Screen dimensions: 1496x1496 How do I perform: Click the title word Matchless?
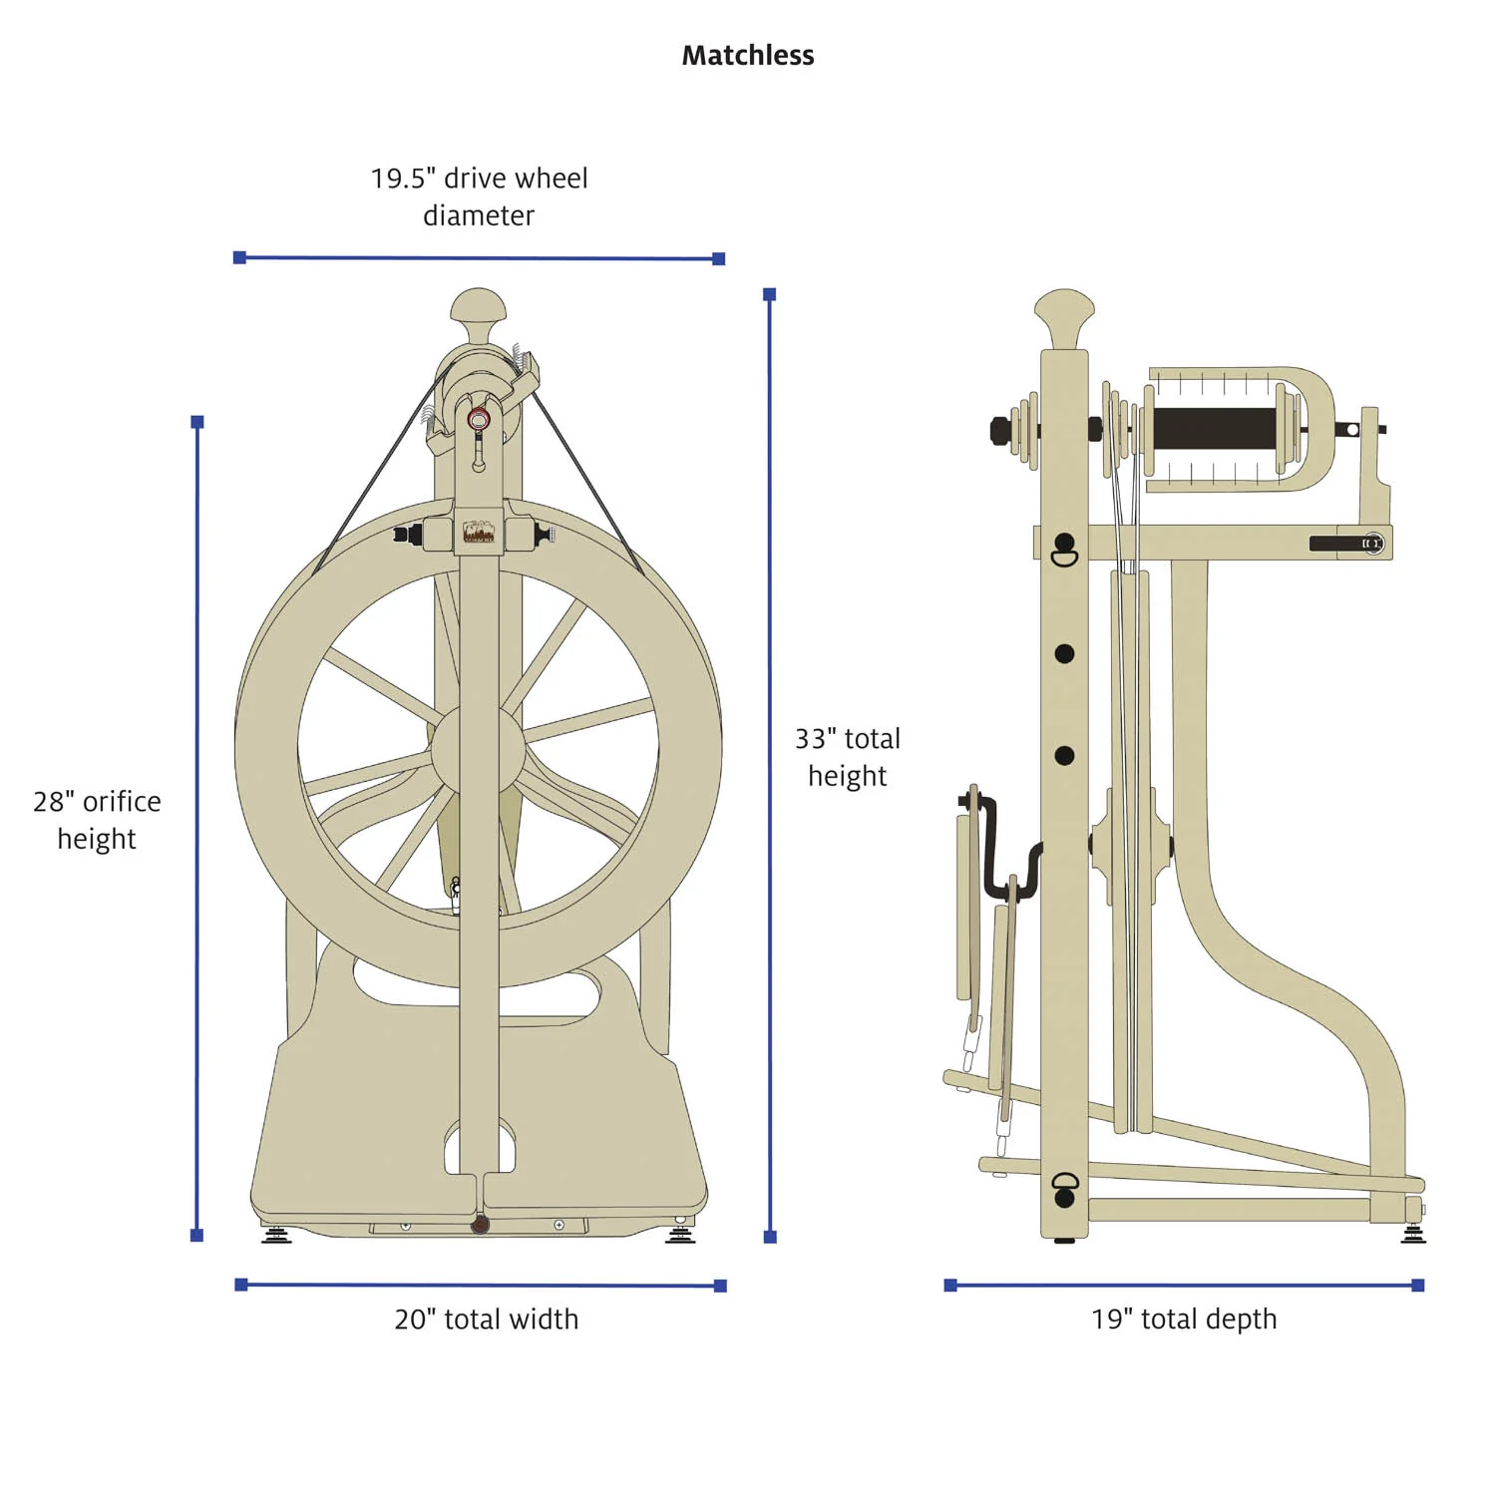click(x=747, y=56)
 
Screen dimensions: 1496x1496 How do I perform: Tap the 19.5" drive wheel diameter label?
click(x=479, y=196)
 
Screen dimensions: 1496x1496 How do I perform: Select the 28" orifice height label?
click(x=97, y=819)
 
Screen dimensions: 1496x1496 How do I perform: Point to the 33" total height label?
click(x=847, y=757)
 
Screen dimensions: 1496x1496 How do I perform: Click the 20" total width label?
click(x=486, y=1318)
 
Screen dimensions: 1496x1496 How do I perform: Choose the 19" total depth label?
click(x=1183, y=1318)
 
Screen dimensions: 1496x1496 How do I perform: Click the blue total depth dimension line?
click(x=1183, y=1285)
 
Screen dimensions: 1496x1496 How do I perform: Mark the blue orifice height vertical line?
click(x=197, y=828)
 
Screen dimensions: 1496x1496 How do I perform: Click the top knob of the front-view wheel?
click(x=479, y=307)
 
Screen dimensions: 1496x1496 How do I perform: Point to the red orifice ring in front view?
click(x=479, y=419)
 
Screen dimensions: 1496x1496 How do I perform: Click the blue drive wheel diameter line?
click(x=479, y=258)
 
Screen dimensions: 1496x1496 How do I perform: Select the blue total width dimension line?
click(x=481, y=1285)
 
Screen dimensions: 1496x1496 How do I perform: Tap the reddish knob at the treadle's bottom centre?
click(x=480, y=1224)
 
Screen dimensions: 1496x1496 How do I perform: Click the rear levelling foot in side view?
click(x=1413, y=1234)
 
